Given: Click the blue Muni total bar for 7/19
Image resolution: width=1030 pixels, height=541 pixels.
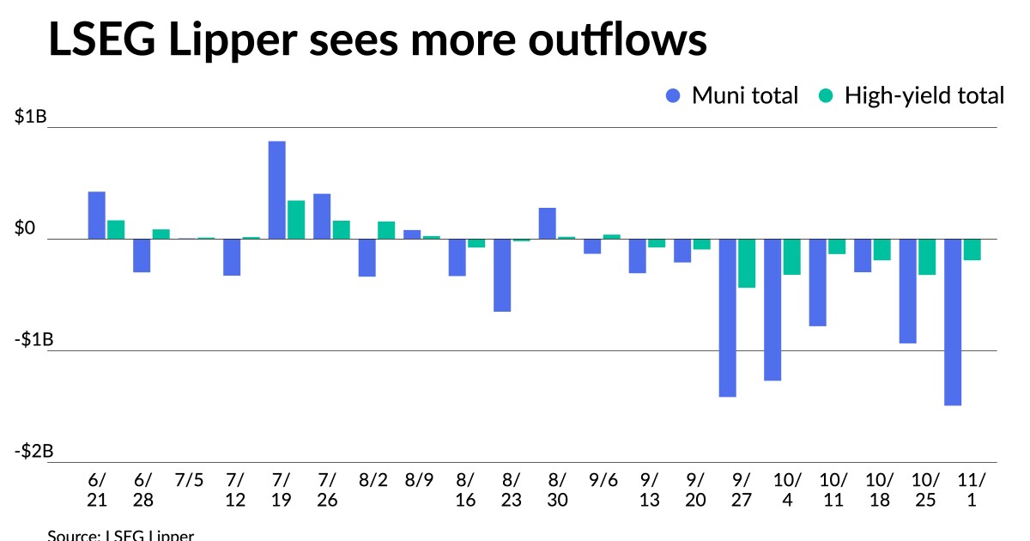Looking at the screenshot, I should tap(277, 190).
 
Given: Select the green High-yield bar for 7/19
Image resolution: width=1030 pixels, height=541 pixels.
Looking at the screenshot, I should tap(296, 220).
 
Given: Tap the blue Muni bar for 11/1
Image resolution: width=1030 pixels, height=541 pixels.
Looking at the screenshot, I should tap(953, 322).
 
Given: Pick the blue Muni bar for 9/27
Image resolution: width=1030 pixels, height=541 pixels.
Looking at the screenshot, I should tap(728, 318).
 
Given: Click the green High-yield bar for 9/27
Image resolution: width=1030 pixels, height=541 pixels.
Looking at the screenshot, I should tap(747, 263).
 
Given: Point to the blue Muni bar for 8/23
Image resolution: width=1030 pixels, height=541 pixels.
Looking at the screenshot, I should tap(502, 275).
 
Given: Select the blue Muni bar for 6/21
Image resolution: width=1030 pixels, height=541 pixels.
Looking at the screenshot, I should tap(97, 215).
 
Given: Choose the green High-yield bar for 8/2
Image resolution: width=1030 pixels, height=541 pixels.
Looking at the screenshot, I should tap(386, 230).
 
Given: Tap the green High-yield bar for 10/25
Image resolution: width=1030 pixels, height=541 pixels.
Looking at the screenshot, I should tap(927, 257).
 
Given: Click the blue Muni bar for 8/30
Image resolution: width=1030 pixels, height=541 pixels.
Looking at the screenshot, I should tap(548, 223).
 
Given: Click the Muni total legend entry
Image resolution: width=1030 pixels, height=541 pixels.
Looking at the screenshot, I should tap(732, 95).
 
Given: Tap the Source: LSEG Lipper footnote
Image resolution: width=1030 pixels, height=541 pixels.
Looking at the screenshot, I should tap(121, 535).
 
